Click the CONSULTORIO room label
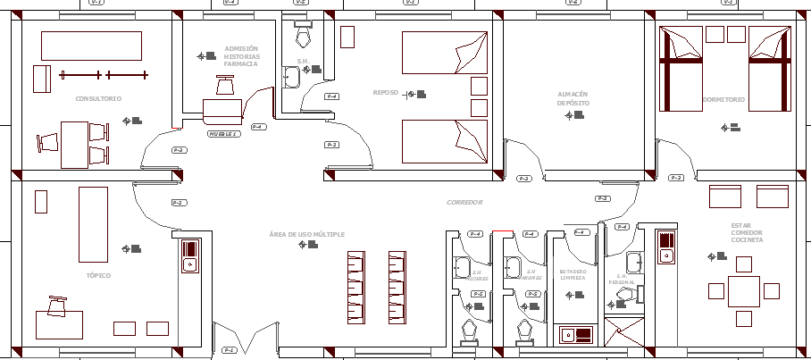click(98, 98)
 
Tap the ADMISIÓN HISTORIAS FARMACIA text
click(241, 56)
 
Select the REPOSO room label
click(385, 92)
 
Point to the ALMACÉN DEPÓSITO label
click(573, 98)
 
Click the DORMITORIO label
click(723, 99)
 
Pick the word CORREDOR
click(464, 203)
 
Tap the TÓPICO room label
click(98, 275)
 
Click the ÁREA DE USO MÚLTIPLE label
click(306, 234)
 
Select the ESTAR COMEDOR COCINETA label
click(747, 233)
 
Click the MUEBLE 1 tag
click(223, 134)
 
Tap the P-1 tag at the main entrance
click(229, 349)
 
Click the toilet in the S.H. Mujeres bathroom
click(469, 331)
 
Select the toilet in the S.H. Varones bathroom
click(524, 331)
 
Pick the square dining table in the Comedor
click(744, 291)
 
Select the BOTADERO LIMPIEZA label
click(573, 275)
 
